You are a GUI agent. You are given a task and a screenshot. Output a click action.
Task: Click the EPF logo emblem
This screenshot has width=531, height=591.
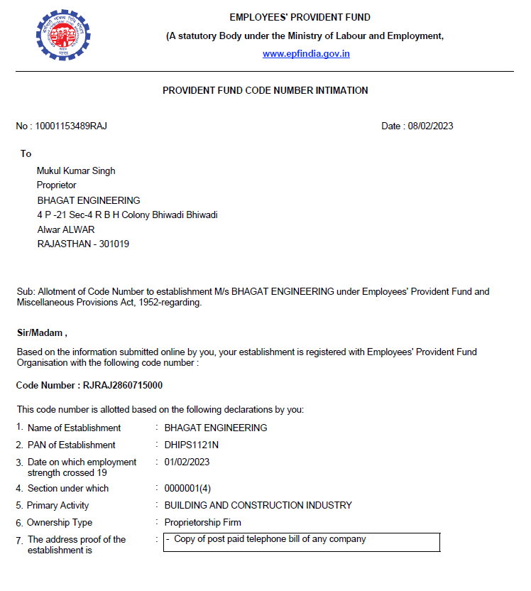(63, 33)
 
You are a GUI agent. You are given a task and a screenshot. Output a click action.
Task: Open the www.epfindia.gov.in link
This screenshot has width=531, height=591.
(306, 54)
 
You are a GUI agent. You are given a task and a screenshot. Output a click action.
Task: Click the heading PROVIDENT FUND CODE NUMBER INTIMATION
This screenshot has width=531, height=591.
(265, 90)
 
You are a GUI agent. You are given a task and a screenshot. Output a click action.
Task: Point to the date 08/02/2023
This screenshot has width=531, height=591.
(430, 126)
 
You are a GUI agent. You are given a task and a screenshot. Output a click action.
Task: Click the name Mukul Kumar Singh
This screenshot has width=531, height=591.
(76, 170)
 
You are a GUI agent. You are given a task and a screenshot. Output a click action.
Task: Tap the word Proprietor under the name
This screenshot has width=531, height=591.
(57, 185)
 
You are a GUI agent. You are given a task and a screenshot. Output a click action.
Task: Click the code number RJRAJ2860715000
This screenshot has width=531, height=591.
(123, 385)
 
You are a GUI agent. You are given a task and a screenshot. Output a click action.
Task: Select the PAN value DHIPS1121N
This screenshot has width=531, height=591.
(192, 445)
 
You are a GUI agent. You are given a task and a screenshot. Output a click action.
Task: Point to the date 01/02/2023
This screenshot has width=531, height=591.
(187, 462)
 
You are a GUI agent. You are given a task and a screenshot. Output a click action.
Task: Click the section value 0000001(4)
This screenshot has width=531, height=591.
(187, 489)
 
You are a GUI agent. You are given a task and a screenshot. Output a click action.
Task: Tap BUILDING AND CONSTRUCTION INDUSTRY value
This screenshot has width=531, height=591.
(258, 506)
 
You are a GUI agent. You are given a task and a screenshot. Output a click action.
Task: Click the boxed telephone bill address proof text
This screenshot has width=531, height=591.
(270, 539)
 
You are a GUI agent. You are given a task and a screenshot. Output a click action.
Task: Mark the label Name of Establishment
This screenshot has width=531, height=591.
(74, 428)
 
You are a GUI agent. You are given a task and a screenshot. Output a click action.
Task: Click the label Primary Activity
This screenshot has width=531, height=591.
(58, 506)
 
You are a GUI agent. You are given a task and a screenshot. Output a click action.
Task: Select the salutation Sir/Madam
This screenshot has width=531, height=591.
(41, 332)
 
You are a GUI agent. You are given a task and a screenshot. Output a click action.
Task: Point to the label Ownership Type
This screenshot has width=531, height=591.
(60, 523)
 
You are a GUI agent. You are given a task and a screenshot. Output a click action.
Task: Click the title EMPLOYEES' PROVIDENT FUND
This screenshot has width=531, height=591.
(300, 18)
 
